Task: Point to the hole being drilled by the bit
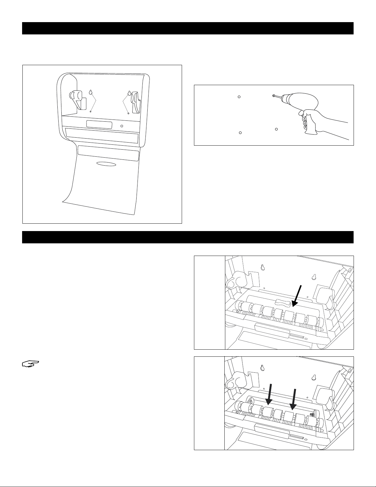point(273,96)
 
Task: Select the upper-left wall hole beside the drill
point(239,97)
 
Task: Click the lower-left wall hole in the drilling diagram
point(240,133)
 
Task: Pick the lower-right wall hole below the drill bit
point(276,129)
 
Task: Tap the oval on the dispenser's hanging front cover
point(106,164)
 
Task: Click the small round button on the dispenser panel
point(122,126)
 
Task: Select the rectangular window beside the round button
point(99,124)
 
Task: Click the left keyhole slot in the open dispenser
point(91,92)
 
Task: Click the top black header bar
point(188,28)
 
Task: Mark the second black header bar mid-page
point(188,237)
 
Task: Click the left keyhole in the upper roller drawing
point(263,267)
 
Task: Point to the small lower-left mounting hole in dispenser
point(91,112)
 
